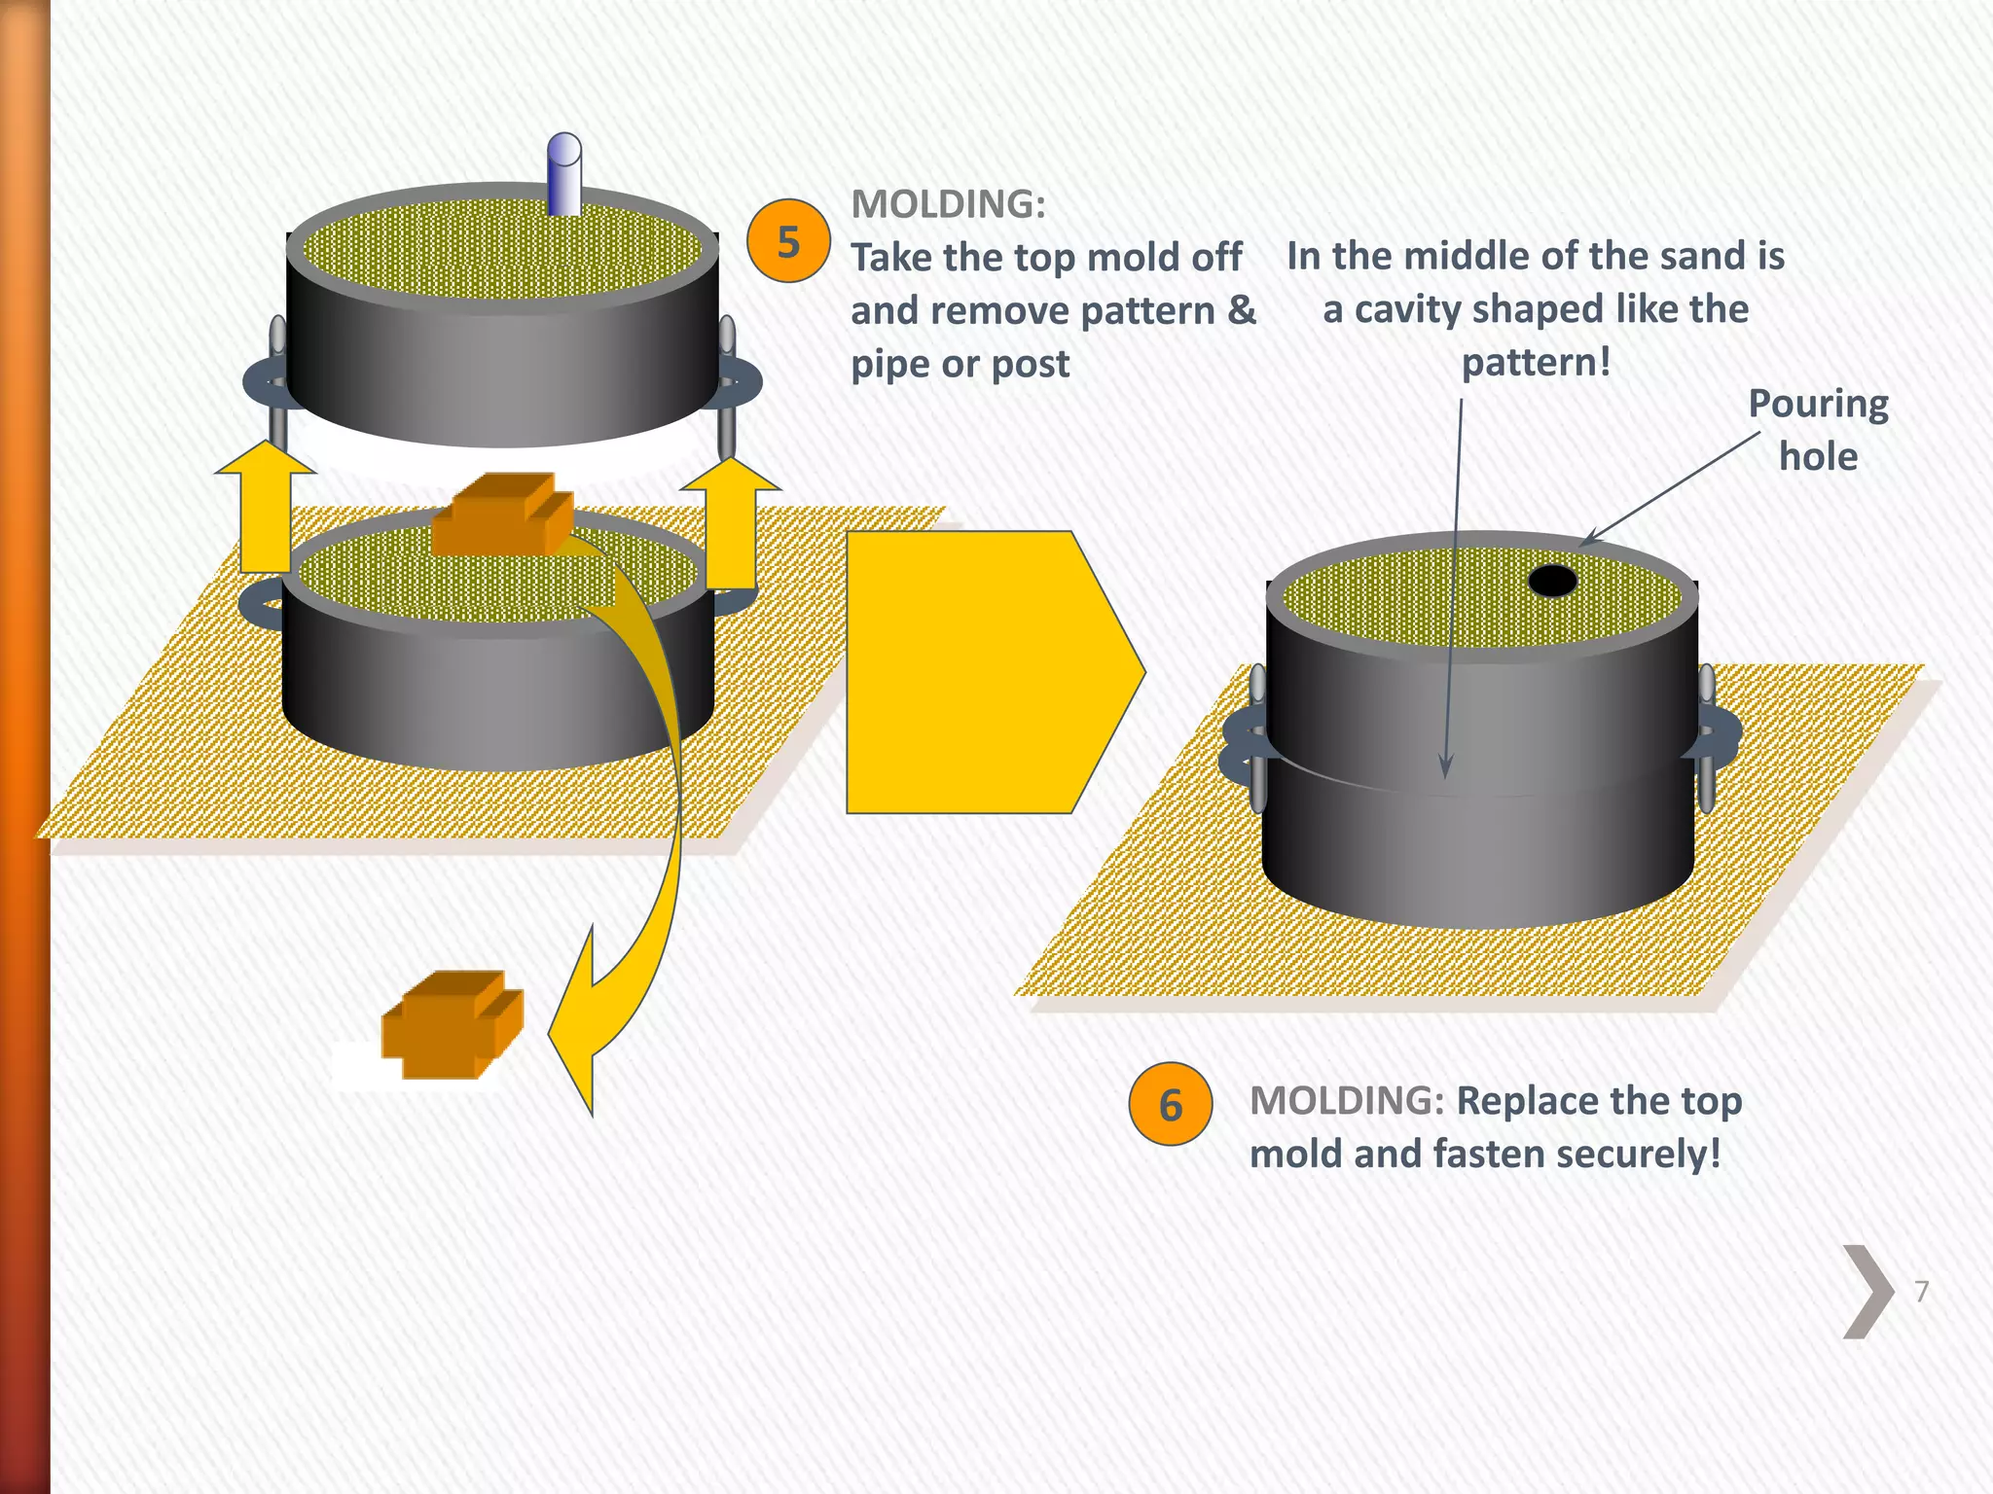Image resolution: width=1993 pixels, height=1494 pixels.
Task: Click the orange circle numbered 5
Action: [x=788, y=241]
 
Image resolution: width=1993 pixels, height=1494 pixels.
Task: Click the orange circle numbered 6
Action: [x=1171, y=1104]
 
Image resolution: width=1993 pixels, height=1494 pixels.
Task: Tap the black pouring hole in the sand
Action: [x=1552, y=581]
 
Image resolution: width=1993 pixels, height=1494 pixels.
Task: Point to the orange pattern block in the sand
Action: [x=501, y=516]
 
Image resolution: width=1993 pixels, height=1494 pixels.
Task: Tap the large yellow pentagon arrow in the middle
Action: [x=983, y=671]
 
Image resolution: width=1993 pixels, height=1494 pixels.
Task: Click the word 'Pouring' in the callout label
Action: [x=1818, y=404]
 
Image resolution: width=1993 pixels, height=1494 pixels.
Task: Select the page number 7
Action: [x=1921, y=1292]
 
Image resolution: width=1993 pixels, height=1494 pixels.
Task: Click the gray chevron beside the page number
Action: [x=1867, y=1292]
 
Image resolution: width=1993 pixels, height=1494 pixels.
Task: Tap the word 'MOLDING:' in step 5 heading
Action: [x=948, y=204]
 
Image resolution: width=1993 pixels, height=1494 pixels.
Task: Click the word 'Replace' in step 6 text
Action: [x=1523, y=1101]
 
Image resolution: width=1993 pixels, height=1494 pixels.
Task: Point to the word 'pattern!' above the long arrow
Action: [x=1536, y=363]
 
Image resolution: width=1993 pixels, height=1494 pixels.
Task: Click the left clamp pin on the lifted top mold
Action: [x=277, y=384]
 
